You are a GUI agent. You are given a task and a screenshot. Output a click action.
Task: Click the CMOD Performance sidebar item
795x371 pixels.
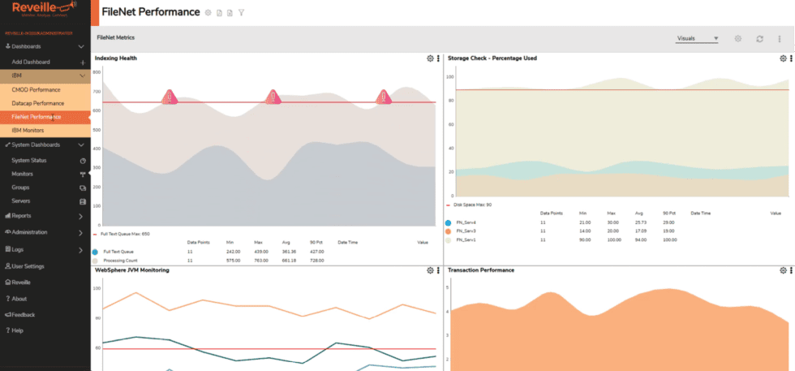pos(36,89)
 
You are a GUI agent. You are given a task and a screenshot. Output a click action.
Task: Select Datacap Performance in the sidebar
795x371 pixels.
pos(37,103)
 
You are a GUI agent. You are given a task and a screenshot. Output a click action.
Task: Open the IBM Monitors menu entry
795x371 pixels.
pos(28,130)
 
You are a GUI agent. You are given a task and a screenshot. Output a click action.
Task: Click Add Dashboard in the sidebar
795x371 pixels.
pos(31,62)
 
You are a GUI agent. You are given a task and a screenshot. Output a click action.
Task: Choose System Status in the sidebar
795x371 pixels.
pos(29,161)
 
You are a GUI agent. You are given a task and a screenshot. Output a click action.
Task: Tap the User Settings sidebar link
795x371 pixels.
pos(28,266)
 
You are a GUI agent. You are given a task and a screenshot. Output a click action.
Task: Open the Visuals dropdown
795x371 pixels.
pos(698,38)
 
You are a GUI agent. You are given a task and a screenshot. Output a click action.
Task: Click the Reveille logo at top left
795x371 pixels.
pos(37,10)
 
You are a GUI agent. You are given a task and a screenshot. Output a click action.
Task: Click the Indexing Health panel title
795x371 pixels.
pos(115,58)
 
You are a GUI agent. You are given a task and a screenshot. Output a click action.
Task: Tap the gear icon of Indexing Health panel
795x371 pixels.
pos(430,58)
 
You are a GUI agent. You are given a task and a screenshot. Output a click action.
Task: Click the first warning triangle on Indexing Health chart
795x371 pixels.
pos(169,97)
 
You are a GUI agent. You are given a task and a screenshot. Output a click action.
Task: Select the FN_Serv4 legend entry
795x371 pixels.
pos(466,222)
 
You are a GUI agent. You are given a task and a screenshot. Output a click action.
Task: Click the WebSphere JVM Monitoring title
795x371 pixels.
pos(132,270)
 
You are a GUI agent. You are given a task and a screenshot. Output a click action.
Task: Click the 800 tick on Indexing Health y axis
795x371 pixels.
pos(96,71)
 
